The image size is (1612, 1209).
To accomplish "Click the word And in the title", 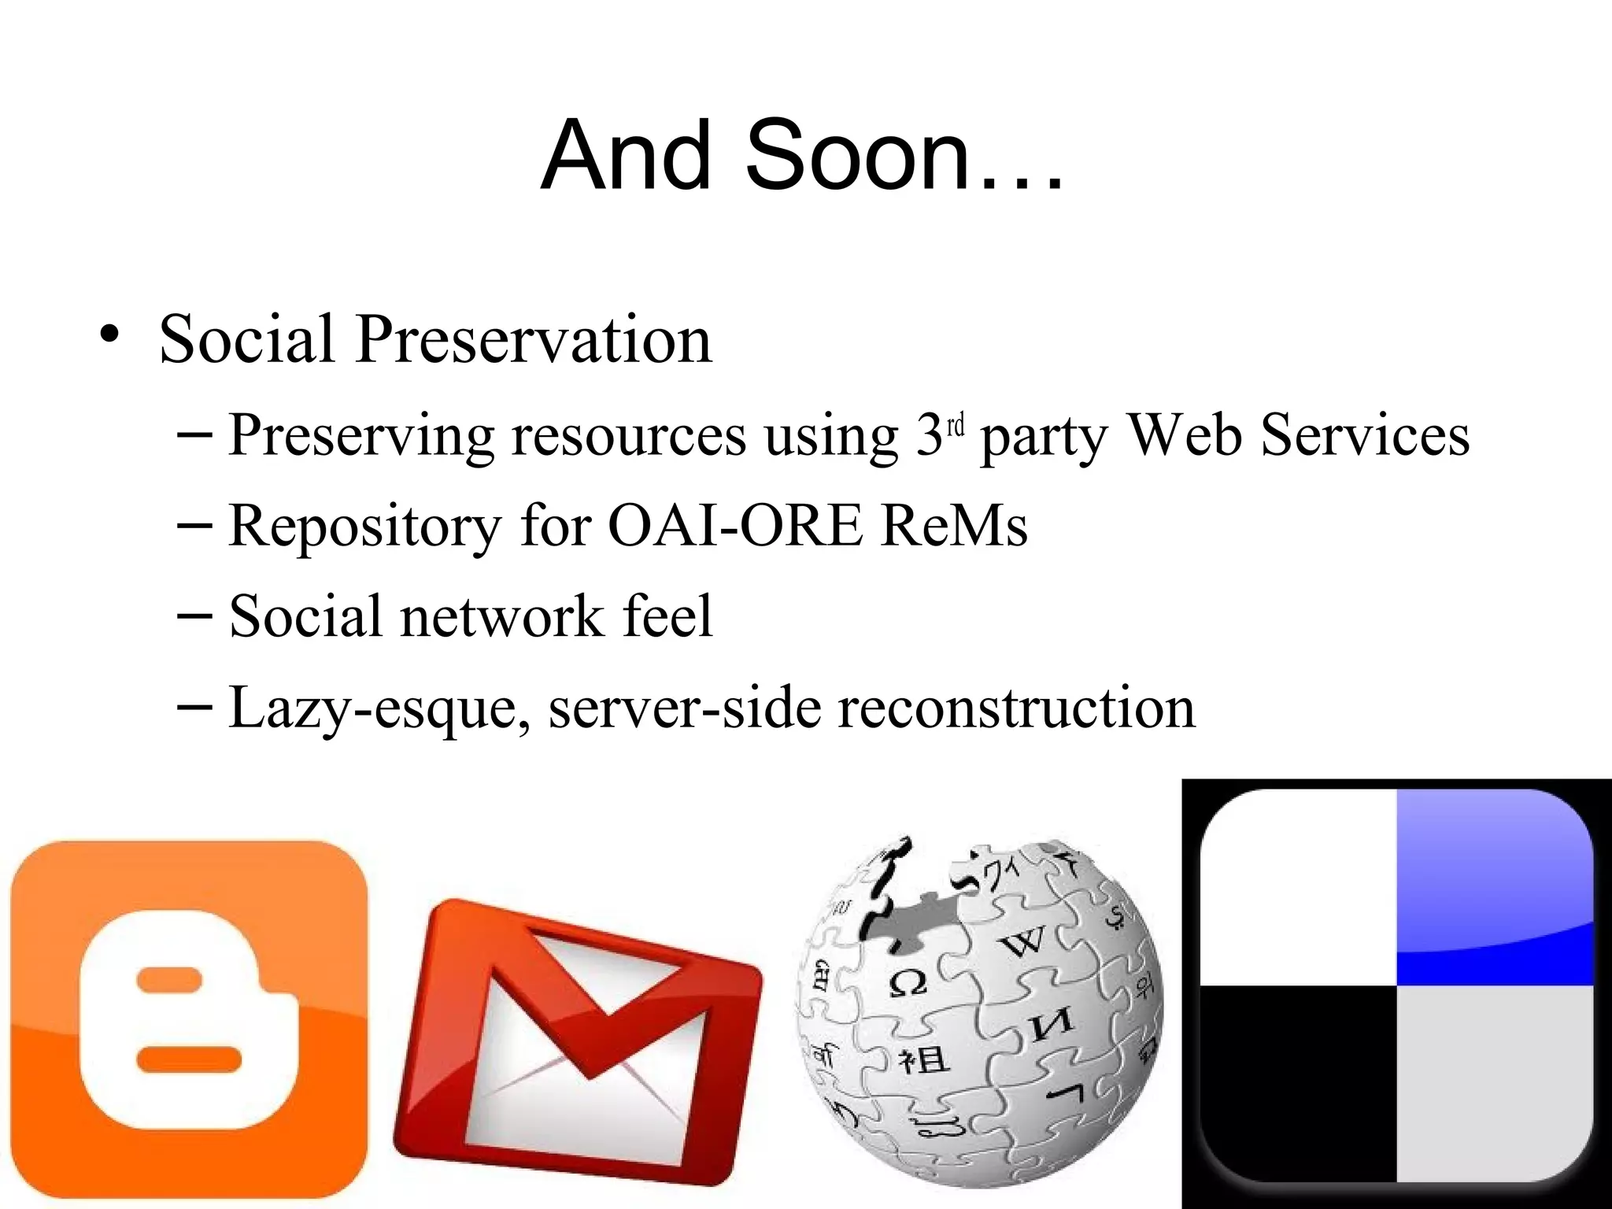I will tap(625, 155).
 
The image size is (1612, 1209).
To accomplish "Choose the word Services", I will tap(1365, 435).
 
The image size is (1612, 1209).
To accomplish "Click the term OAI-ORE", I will tap(735, 525).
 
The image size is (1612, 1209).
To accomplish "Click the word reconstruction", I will tap(1016, 706).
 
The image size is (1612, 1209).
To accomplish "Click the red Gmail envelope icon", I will tap(577, 1043).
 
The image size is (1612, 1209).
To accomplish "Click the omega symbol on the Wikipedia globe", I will tap(908, 982).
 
